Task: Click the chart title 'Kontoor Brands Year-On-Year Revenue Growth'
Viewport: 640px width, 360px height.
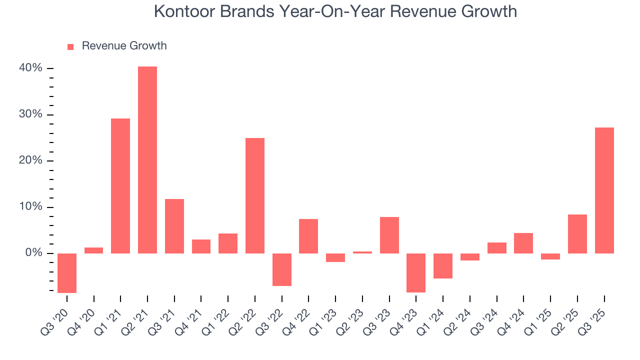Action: [x=335, y=11]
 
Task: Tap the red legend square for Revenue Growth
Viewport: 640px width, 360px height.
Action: [x=70, y=46]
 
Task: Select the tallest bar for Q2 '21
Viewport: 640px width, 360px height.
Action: [x=147, y=160]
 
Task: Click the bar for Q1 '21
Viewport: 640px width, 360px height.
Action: [x=120, y=186]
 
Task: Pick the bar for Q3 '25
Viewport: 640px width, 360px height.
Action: [x=604, y=190]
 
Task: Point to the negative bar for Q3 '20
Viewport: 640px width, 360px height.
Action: [x=67, y=273]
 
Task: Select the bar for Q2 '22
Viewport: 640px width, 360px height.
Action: [x=255, y=195]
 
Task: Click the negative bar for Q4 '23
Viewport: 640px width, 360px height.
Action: [x=416, y=272]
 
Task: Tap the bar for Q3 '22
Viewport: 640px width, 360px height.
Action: [x=282, y=269]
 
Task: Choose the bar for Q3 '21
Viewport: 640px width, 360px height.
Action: [x=174, y=226]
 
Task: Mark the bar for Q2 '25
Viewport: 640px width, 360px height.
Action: [x=577, y=234]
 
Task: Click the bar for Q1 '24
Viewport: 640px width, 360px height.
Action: [x=443, y=265]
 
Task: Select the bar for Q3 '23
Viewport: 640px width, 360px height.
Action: [x=389, y=235]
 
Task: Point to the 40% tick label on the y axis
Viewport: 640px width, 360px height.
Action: [x=30, y=68]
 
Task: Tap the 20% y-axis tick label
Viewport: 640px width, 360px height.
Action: [x=30, y=160]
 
